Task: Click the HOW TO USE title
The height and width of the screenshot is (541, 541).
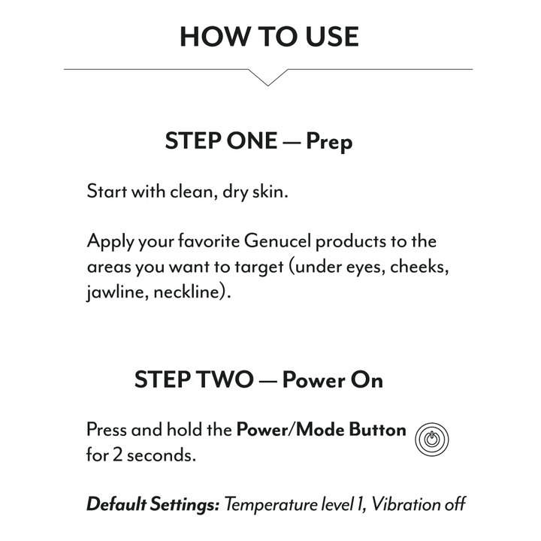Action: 269,36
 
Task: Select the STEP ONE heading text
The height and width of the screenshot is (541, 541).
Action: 221,141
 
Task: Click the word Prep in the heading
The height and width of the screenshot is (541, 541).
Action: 329,142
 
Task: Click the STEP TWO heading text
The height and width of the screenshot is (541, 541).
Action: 194,379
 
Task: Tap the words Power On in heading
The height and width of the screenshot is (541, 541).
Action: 332,379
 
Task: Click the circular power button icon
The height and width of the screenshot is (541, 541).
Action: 431,438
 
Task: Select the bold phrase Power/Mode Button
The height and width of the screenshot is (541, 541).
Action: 321,431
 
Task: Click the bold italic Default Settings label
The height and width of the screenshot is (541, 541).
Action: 153,504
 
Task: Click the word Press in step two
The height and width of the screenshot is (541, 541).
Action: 107,431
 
